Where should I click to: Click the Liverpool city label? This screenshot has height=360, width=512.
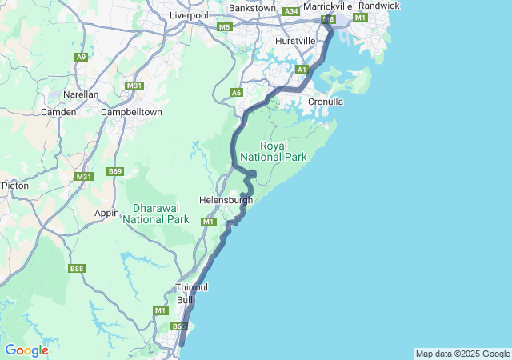tap(189, 14)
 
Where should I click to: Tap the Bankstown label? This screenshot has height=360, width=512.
tap(252, 8)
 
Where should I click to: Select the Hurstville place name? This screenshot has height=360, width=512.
tap(296, 40)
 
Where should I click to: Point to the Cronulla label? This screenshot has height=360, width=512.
tap(326, 102)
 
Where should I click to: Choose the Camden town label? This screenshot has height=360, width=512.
tap(59, 112)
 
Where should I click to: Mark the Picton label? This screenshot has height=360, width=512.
tap(15, 185)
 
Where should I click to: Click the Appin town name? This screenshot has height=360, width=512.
tap(106, 213)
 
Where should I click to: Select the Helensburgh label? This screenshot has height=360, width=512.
tap(226, 201)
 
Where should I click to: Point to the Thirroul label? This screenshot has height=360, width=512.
tap(191, 286)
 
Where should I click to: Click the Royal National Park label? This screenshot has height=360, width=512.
tap(283, 152)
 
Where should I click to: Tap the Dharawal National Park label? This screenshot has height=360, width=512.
tap(156, 214)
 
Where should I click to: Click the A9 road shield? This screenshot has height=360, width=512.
tap(81, 57)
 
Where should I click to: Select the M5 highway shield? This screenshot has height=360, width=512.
tap(225, 27)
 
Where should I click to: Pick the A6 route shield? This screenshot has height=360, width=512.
tap(236, 94)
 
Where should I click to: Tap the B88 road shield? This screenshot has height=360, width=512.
tap(77, 269)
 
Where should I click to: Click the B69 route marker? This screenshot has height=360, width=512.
tap(116, 171)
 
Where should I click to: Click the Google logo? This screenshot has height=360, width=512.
tap(26, 350)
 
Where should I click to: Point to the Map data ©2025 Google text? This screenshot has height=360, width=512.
tap(462, 354)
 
